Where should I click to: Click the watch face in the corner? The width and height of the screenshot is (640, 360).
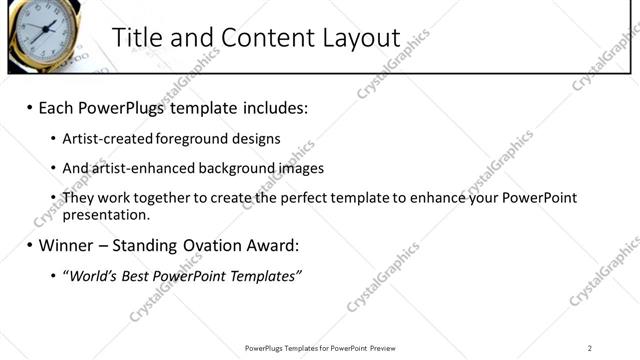coord(40,28)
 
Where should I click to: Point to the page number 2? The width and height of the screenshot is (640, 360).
coord(590,347)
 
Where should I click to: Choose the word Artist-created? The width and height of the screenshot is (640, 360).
coord(107,139)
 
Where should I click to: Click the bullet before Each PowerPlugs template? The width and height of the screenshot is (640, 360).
coord(29,107)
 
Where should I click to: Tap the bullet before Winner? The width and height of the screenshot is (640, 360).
coord(29,245)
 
